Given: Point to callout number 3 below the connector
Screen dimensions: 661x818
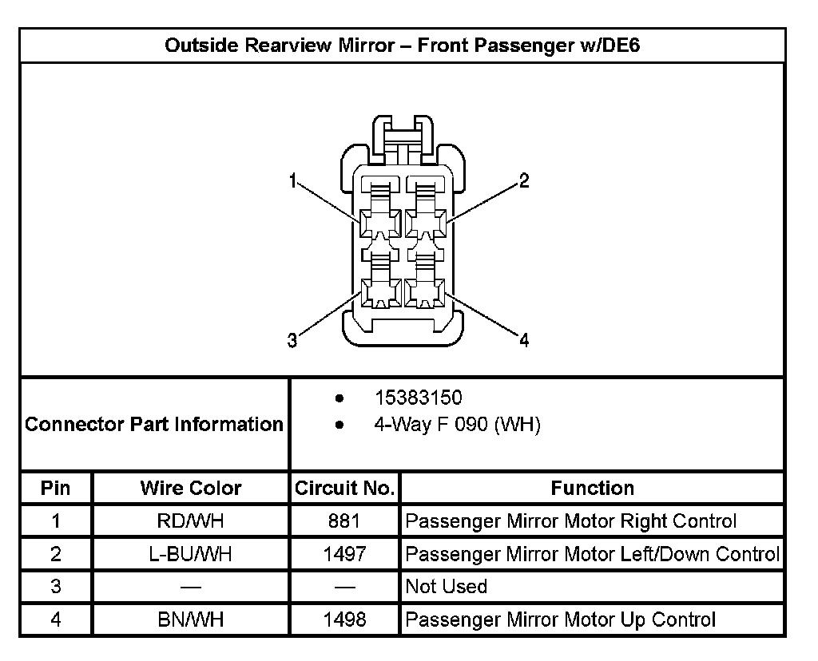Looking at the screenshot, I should (292, 341).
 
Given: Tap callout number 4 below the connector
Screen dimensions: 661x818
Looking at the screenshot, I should (524, 341).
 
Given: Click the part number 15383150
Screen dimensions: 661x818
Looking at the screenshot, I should (418, 398).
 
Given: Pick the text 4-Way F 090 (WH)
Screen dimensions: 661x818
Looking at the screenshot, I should (457, 425).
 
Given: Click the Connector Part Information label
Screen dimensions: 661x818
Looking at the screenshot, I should (154, 424).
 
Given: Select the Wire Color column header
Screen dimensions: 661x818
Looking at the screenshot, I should (190, 488).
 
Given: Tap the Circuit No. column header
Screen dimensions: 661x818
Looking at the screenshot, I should (344, 488).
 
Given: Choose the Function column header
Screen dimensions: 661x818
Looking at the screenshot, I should (592, 488).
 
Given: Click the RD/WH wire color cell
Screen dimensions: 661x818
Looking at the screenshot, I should (190, 522).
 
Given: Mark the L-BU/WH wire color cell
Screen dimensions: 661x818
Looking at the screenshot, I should (190, 554).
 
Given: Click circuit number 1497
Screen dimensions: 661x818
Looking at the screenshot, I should (344, 554).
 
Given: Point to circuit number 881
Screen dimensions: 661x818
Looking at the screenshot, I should (344, 522).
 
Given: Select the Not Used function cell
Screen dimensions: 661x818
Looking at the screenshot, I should (447, 587).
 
